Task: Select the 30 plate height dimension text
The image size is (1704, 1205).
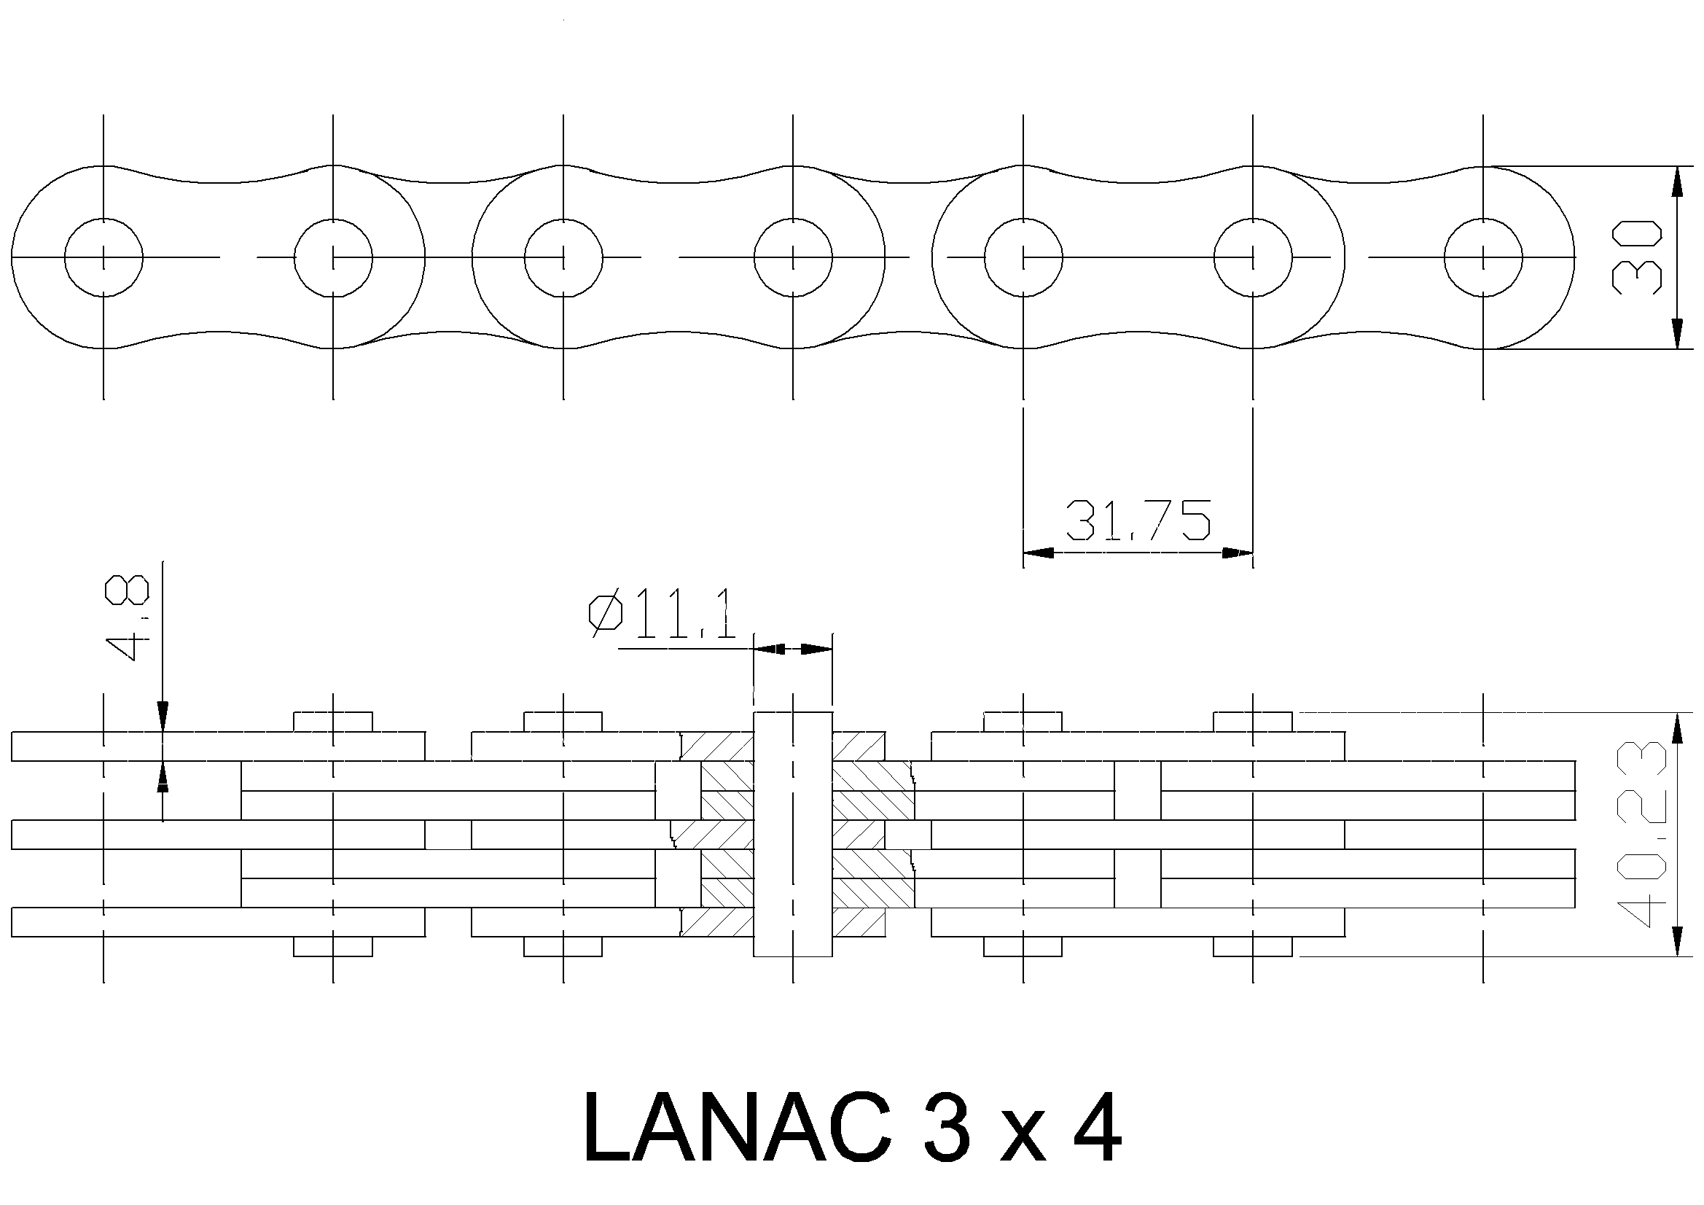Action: pyautogui.click(x=1635, y=257)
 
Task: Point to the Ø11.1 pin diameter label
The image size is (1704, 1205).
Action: pyautogui.click(x=663, y=614)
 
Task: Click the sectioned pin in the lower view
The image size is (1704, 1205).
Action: pyautogui.click(x=793, y=834)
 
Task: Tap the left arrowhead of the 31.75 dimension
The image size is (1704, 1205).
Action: pyautogui.click(x=1038, y=553)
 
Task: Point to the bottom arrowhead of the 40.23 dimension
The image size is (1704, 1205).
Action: pyautogui.click(x=1676, y=942)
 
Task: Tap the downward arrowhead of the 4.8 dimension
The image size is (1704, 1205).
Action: pyautogui.click(x=163, y=717)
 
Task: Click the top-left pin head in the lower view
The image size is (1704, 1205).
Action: pyautogui.click(x=333, y=722)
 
